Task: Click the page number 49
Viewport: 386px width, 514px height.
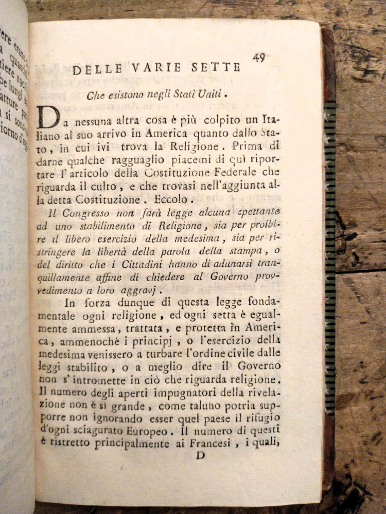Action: pos(259,58)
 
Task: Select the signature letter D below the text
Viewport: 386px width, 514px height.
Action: pos(201,455)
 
